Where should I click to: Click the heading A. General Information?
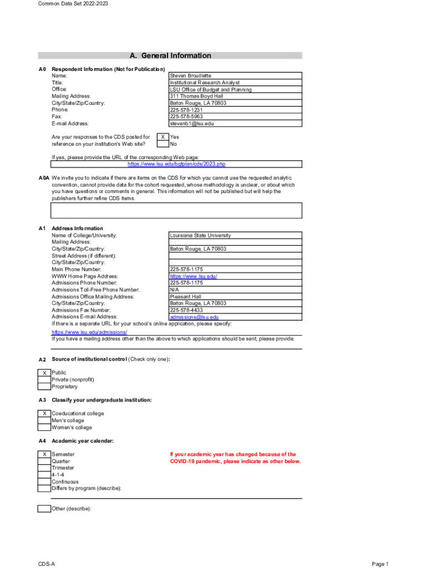(170, 55)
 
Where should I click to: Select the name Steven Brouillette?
(190, 75)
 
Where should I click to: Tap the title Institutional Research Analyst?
(205, 83)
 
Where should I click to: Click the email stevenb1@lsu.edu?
(191, 124)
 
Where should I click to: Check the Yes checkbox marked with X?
(162, 136)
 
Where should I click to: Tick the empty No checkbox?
(162, 144)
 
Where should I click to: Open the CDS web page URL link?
(176, 164)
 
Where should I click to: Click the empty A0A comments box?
(176, 211)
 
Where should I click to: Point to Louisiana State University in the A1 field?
(200, 235)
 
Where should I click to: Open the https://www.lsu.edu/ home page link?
(193, 276)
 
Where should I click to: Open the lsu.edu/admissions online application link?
(85, 332)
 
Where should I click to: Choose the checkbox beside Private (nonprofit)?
(44, 380)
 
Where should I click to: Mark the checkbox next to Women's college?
(44, 428)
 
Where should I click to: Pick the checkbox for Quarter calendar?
(44, 461)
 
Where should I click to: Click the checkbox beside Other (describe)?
(44, 509)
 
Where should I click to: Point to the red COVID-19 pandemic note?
(235, 458)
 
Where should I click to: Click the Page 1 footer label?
(380, 564)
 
